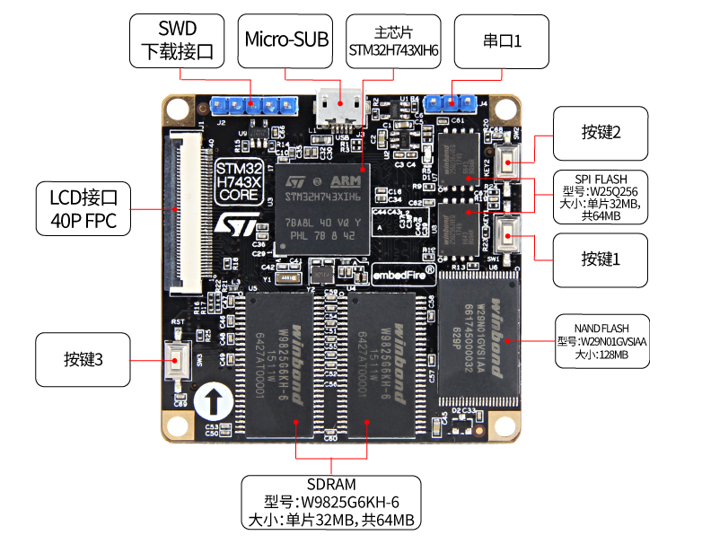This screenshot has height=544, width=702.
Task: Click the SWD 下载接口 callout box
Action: click(178, 40)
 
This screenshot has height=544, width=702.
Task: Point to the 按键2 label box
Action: click(601, 132)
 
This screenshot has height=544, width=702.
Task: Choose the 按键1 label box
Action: click(601, 259)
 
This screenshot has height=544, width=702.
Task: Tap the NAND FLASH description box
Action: click(601, 340)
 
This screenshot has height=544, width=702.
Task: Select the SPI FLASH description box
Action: click(601, 197)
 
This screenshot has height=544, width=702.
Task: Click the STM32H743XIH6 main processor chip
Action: click(321, 208)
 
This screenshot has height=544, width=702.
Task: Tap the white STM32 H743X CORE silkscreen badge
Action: click(240, 180)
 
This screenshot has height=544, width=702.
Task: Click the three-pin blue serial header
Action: click(452, 101)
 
